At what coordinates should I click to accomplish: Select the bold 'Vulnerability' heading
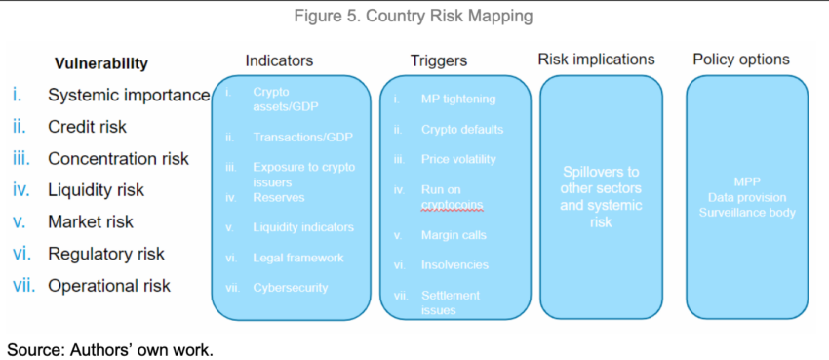point(101,63)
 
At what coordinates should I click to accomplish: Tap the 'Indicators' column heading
point(279,60)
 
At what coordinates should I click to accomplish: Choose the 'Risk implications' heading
point(596,60)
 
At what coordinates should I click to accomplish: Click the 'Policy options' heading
point(741,60)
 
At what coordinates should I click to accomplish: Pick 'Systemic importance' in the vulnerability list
point(129,95)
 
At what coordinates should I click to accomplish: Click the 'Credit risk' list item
point(87,127)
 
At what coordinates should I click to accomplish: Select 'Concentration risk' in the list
point(118,158)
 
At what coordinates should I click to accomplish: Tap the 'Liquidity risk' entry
point(96,190)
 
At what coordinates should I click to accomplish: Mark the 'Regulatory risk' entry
point(106,254)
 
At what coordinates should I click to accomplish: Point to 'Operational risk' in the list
point(109,286)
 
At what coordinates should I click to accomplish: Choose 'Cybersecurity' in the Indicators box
point(290,288)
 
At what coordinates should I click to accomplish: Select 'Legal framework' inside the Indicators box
point(297,258)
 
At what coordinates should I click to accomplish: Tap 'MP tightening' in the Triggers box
point(458,99)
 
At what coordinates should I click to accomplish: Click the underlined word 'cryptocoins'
point(454,204)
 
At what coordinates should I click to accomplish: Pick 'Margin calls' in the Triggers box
point(454,235)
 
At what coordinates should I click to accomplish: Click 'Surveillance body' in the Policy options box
point(746,212)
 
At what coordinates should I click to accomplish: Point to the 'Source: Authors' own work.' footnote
point(110,348)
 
